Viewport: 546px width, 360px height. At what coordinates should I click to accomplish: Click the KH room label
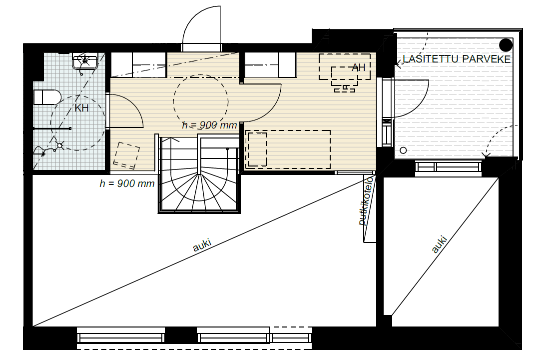tap(81, 108)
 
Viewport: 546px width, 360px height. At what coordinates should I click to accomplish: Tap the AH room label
tap(358, 67)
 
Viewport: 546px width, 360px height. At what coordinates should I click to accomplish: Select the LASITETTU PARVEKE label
tap(457, 59)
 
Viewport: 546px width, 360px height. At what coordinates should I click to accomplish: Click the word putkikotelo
tap(366, 201)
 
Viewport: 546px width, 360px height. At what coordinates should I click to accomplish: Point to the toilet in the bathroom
tap(47, 97)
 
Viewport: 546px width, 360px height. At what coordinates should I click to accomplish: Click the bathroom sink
tap(85, 61)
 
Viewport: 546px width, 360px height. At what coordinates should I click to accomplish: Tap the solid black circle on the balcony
tap(506, 45)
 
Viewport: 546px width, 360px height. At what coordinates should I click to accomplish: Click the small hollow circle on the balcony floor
tap(403, 150)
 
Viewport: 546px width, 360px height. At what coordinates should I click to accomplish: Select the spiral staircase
tap(199, 174)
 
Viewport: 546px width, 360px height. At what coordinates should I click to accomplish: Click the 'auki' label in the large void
tap(202, 245)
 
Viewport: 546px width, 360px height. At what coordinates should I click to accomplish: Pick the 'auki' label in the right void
tap(439, 244)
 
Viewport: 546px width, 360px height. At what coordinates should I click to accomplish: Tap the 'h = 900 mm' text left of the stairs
tap(127, 183)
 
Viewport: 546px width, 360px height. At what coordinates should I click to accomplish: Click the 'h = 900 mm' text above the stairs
tap(210, 125)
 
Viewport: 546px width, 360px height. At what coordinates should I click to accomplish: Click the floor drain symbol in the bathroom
tap(60, 145)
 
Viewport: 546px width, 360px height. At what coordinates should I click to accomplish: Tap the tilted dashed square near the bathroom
tap(126, 154)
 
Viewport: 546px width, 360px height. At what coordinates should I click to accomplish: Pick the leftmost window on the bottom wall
tap(121, 335)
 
